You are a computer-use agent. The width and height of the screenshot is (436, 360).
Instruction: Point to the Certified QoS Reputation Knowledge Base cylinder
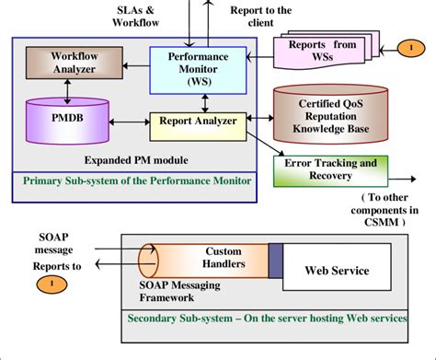[x=327, y=117]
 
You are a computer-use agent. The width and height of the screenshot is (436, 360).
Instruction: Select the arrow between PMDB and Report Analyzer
[x=129, y=121]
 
